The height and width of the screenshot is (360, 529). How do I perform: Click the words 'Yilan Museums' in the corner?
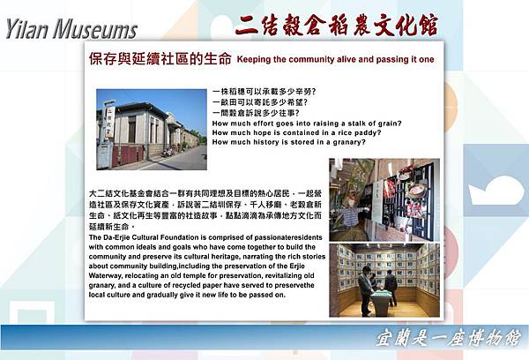(x=71, y=29)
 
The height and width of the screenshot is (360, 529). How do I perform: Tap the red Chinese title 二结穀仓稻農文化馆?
(x=337, y=24)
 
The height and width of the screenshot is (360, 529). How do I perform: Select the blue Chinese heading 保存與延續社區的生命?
(x=160, y=61)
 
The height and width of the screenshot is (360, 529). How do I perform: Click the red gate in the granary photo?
(x=127, y=154)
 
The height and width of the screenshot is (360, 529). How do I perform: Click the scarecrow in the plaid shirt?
(x=351, y=212)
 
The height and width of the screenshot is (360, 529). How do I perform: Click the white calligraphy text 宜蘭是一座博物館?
(x=459, y=338)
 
